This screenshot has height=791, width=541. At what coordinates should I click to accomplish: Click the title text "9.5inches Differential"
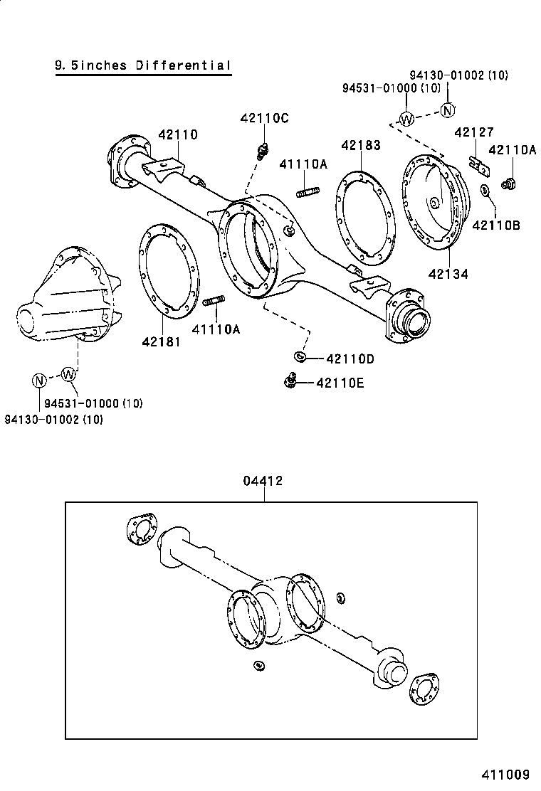pyautogui.click(x=143, y=65)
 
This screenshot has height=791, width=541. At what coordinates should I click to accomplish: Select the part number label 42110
pyautogui.click(x=178, y=134)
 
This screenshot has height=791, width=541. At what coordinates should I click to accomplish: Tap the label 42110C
pyautogui.click(x=264, y=119)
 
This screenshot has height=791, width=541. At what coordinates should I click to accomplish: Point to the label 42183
pyautogui.click(x=360, y=145)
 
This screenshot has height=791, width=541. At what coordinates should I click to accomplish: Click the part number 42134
pyautogui.click(x=448, y=272)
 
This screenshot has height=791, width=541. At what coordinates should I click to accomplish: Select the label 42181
pyautogui.click(x=161, y=341)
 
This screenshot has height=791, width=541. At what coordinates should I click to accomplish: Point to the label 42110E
pyautogui.click(x=340, y=383)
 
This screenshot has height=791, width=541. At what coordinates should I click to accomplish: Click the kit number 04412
pyautogui.click(x=263, y=481)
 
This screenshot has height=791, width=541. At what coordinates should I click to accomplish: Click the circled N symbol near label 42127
pyautogui.click(x=447, y=110)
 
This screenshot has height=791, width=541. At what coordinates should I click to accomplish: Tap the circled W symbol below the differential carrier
pyautogui.click(x=68, y=373)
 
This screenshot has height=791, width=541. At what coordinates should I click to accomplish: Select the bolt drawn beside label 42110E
pyautogui.click(x=290, y=381)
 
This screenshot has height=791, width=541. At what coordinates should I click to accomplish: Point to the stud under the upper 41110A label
pyautogui.click(x=307, y=191)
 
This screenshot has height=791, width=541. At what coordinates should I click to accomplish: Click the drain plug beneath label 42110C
pyautogui.click(x=263, y=150)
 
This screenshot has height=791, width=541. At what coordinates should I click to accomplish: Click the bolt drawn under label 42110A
pyautogui.click(x=508, y=184)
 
